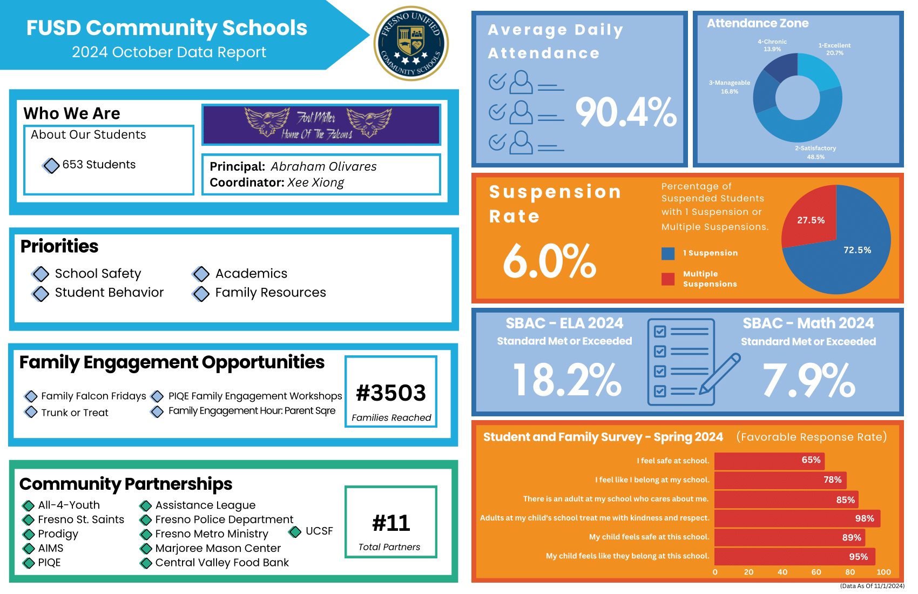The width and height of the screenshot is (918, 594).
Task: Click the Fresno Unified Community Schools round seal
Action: point(411,43)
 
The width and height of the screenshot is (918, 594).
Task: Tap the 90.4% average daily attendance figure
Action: point(626,112)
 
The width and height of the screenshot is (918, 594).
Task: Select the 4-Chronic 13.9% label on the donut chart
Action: point(772,45)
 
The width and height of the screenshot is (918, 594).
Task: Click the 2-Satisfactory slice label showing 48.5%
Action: point(815,152)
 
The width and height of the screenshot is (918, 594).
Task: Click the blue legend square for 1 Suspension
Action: point(668,253)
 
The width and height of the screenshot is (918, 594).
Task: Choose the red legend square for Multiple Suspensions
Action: point(668,279)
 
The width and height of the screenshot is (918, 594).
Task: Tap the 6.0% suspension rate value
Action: point(549,261)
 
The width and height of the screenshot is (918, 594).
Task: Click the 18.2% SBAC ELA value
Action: point(567,380)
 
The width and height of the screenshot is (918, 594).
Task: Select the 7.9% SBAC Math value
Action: point(808,380)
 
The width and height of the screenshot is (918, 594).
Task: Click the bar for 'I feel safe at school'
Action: point(769,461)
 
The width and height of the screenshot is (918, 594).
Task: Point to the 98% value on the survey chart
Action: point(865,518)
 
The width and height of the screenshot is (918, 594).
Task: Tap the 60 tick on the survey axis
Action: point(816,572)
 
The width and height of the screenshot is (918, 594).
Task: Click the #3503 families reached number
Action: point(391,393)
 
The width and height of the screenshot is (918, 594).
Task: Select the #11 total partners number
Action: point(391,523)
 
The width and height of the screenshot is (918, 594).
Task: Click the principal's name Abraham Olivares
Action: point(323,166)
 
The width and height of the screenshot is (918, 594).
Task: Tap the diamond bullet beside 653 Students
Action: point(51,165)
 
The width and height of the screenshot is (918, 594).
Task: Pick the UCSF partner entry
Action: point(319,531)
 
